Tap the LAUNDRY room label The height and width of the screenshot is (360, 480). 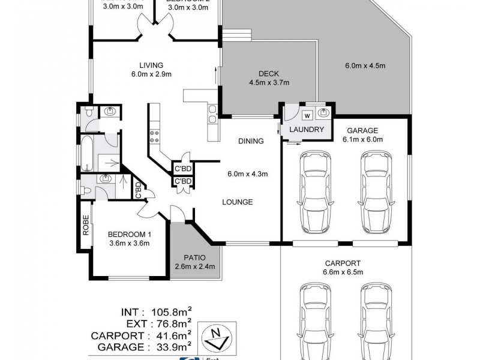(x=307, y=130)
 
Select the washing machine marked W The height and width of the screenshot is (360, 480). (x=307, y=115)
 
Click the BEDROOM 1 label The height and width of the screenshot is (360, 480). (x=129, y=234)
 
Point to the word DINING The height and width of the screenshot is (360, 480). (x=251, y=142)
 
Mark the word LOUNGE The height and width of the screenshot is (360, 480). (x=237, y=202)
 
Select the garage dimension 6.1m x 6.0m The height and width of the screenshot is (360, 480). (x=362, y=139)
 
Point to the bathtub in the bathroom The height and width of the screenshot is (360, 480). (x=86, y=154)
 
